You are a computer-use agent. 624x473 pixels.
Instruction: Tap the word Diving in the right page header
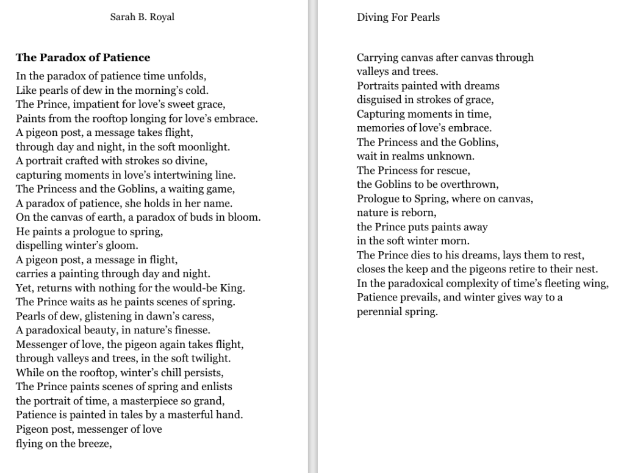(372, 17)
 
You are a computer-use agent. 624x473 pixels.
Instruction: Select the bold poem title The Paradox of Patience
(83, 58)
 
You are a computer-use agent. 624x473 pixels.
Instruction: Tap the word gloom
(124, 246)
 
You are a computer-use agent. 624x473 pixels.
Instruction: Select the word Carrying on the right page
(377, 58)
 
